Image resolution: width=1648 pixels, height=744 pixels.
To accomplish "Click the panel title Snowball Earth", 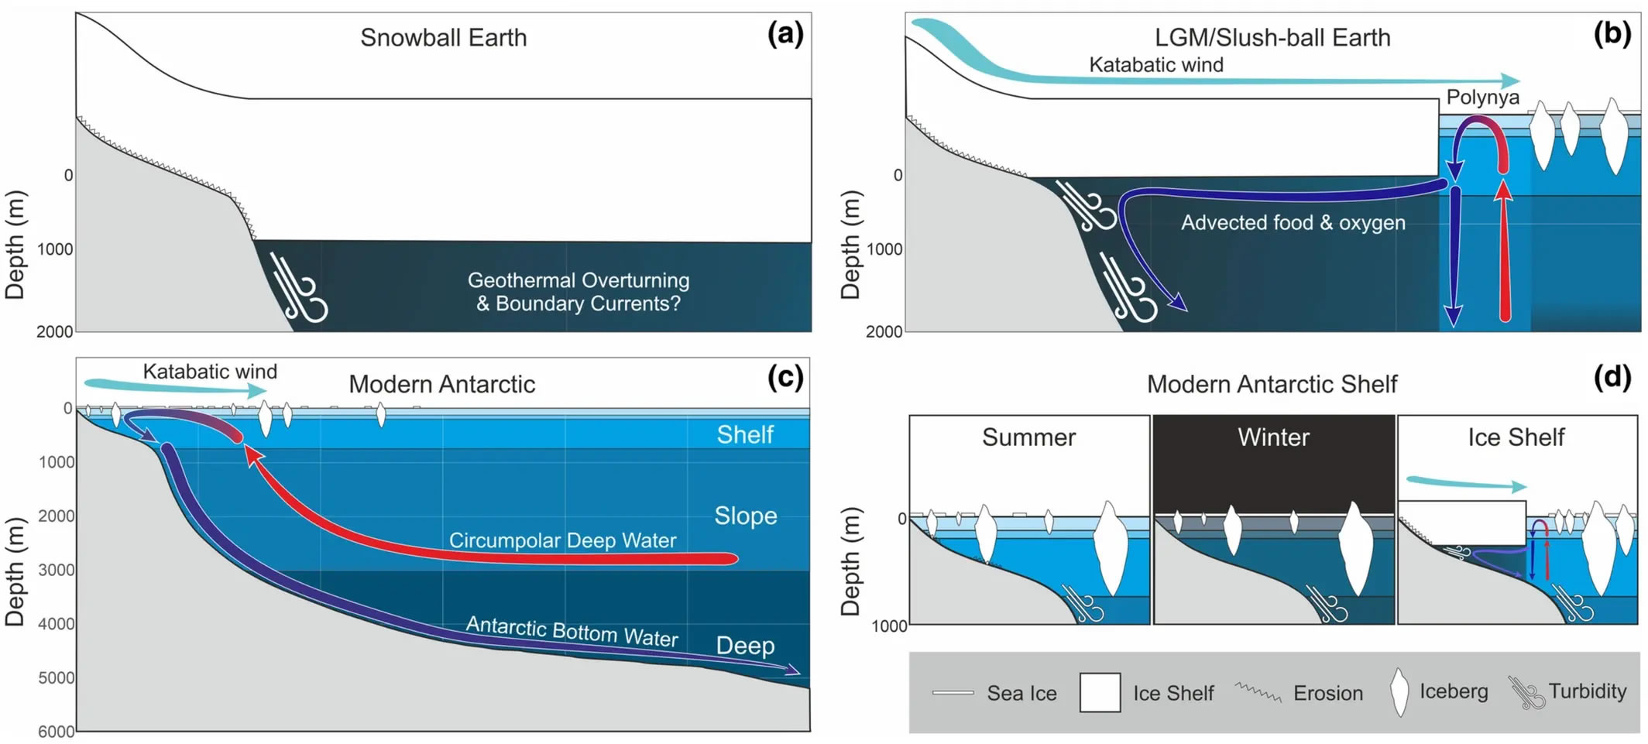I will point(443,38).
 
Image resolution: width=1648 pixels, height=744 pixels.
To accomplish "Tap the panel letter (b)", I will point(1612,35).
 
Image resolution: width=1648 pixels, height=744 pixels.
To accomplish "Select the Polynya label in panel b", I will point(1482,98).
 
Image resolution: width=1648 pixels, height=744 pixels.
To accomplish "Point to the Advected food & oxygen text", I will point(1293,223).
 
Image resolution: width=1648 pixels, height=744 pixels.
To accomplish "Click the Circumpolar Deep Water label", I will point(562,540).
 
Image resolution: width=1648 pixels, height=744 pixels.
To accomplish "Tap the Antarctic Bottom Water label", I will point(572,632).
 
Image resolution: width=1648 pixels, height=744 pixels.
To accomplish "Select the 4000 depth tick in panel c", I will point(57,624).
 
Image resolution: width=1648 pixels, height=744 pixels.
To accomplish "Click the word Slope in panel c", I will point(745,516).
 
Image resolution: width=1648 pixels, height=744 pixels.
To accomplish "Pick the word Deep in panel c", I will point(744,646).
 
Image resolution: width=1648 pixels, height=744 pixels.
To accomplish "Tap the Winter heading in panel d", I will point(1273,437).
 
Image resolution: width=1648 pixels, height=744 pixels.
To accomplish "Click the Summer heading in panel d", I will point(1028,437).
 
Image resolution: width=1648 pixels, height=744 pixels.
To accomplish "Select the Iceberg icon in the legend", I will point(1399,692).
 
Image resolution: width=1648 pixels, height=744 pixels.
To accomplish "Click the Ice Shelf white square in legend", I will point(1100,692).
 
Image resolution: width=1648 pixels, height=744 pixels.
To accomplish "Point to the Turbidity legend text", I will point(1587,691).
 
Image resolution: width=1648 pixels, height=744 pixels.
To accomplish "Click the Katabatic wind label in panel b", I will point(1155,65).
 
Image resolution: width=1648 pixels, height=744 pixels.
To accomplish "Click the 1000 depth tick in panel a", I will point(54,249).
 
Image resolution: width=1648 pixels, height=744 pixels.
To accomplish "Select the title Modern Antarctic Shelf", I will point(1272,384).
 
